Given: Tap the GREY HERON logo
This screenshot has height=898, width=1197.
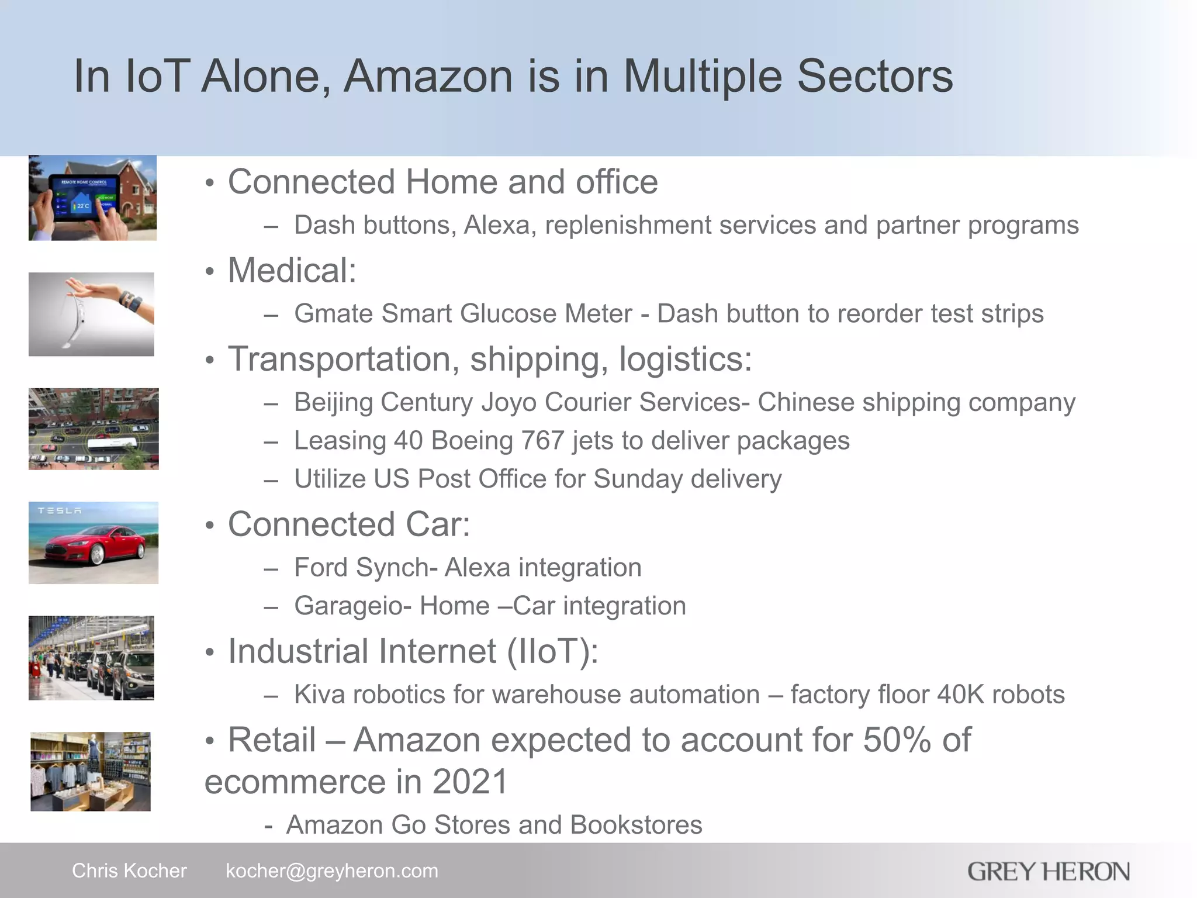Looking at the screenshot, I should pos(1048,872).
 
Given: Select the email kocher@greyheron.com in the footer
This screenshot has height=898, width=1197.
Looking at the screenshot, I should pos(331,871).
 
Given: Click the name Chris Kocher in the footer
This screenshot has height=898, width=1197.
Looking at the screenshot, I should pos(129,871).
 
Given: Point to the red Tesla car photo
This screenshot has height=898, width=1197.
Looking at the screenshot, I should pos(94,543).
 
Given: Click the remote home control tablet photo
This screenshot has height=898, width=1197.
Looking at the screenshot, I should pos(92,198).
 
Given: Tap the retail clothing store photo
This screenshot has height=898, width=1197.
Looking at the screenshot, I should pos(91,771).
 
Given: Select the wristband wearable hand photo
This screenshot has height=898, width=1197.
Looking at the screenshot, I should pos(91,314).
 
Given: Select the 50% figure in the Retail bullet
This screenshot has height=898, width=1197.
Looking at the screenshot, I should pos(897,740).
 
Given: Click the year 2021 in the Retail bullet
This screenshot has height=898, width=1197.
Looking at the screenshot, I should pos(470,782).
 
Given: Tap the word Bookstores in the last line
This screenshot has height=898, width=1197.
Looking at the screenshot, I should pos(636,825).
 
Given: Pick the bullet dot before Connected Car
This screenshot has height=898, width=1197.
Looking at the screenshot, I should pos(210,526).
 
